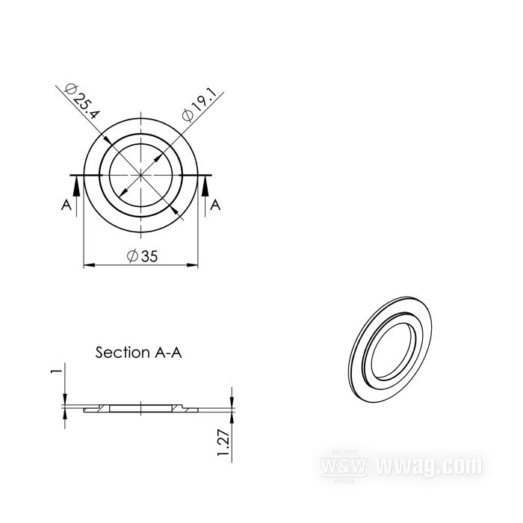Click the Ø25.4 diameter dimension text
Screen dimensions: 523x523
(x=82, y=100)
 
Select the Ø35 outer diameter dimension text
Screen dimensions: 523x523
(x=143, y=256)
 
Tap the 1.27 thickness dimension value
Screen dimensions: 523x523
(x=223, y=443)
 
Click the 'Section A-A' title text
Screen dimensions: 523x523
(x=138, y=352)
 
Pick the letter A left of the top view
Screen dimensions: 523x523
(x=66, y=205)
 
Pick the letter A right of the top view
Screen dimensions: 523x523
(x=215, y=205)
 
